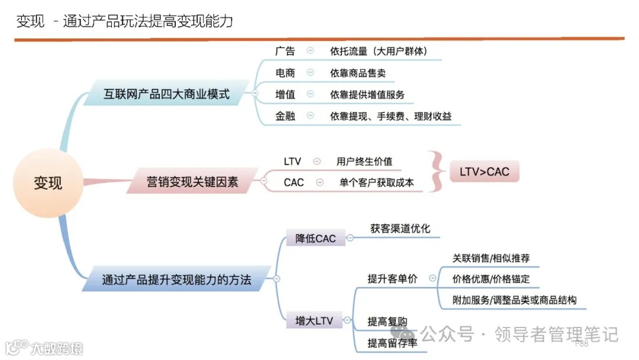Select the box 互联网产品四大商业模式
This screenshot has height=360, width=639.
pos(166,94)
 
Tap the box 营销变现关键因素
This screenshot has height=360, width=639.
pos(192,182)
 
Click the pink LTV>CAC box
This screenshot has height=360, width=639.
pos(484,172)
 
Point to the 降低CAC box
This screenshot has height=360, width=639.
pos(315,238)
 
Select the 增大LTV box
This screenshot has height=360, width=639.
pos(314,321)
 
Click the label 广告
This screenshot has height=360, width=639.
pos(285,51)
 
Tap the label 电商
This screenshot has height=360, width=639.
pos(285,73)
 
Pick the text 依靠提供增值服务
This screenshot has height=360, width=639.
pos(367,95)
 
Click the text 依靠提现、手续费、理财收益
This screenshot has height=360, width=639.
pos(390,116)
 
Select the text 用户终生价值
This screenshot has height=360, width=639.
pos(364,161)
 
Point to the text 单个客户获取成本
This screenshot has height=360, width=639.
pos(376,182)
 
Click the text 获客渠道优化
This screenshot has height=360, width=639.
pos(401,228)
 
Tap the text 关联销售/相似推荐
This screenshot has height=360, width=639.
pos(491,258)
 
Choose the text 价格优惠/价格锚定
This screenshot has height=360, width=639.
pos(491,279)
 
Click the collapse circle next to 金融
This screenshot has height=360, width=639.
pos(310,116)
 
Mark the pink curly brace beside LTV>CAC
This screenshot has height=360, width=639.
pos(435,172)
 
